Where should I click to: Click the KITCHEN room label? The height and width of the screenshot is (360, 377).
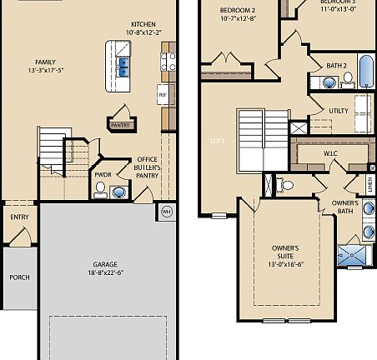click(x=143, y=23)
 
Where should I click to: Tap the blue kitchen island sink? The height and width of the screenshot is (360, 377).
click(x=123, y=65)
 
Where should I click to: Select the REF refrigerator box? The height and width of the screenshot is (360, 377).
click(x=163, y=95)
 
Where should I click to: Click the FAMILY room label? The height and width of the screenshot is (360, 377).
click(x=46, y=62)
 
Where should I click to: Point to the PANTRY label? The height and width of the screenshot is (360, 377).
click(x=121, y=125)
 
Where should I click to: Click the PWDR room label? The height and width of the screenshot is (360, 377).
click(x=103, y=174)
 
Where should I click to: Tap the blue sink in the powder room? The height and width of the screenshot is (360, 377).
click(x=118, y=192)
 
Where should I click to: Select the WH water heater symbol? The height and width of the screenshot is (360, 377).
click(x=166, y=210)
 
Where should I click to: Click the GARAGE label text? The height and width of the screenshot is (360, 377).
click(x=105, y=264)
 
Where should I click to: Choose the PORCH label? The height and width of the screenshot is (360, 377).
click(x=18, y=277)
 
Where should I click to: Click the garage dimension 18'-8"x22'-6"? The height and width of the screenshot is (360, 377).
click(x=105, y=272)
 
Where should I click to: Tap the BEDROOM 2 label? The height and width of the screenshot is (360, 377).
click(x=237, y=79)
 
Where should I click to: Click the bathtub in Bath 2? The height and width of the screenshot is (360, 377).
click(x=365, y=70)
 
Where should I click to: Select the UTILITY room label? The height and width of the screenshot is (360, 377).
click(x=339, y=110)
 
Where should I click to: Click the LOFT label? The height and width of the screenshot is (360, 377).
click(x=217, y=141)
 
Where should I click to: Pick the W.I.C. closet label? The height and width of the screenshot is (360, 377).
click(x=330, y=154)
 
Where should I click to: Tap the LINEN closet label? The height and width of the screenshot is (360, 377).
click(x=369, y=184)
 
